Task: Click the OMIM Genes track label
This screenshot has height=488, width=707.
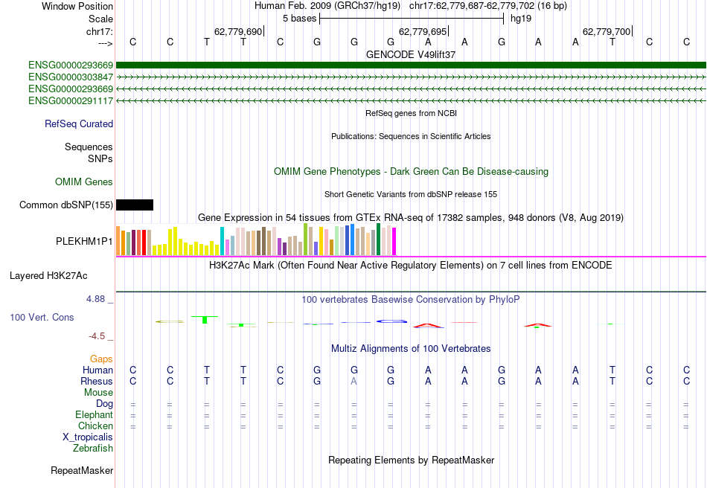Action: [84, 182]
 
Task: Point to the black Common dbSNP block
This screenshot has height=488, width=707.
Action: [135, 205]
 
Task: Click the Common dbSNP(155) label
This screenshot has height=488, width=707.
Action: [66, 205]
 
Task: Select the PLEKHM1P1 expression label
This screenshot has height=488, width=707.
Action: [84, 242]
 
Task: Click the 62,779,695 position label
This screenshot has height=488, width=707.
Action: [423, 31]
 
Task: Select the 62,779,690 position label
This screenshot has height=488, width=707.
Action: [238, 31]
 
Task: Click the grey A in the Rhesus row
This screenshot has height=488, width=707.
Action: [354, 381]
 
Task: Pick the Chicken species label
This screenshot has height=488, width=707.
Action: [95, 426]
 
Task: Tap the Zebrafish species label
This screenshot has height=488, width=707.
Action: [93, 448]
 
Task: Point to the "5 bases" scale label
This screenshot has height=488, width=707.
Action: [299, 18]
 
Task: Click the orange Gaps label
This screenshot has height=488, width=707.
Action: [101, 359]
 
